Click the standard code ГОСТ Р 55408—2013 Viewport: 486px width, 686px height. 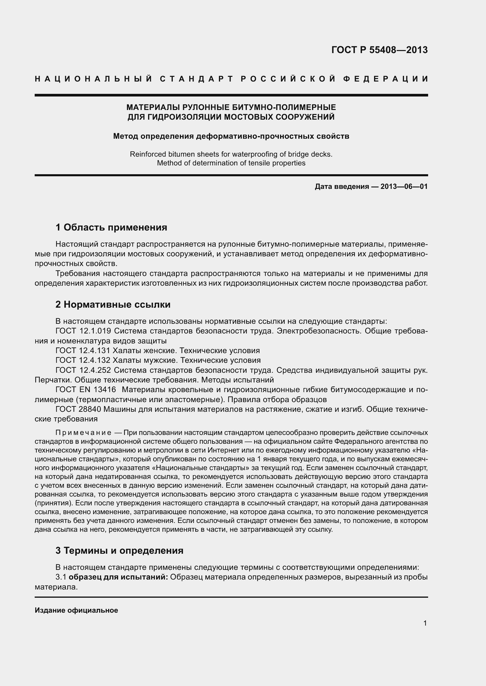pos(379,50)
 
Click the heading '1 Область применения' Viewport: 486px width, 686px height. pos(111,227)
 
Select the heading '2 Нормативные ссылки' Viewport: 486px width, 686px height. pos(113,304)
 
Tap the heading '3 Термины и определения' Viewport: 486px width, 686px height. pos(119,550)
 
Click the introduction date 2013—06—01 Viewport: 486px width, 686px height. pos(404,187)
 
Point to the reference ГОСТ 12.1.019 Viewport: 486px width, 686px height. pos(83,331)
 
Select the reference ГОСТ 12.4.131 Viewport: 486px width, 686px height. pos(83,350)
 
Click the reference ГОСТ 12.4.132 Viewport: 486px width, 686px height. pos(83,360)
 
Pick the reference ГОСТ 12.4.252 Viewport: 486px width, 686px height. pos(83,370)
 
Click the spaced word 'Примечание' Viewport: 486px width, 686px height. pos(83,433)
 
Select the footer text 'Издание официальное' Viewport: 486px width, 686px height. pos(76,610)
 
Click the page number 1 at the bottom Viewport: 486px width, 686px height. pos(425,623)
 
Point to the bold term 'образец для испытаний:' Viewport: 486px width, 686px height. pos(118,577)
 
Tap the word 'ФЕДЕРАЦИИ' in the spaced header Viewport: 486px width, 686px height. pos(386,79)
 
